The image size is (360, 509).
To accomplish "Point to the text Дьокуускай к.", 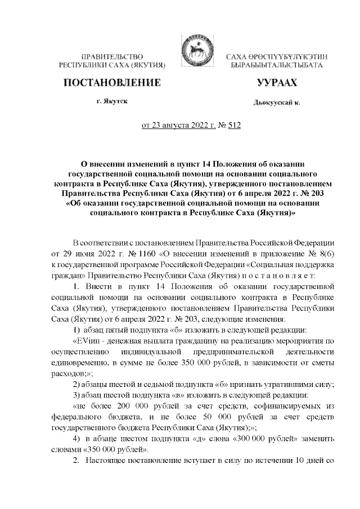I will pyautogui.click(x=277, y=103).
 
